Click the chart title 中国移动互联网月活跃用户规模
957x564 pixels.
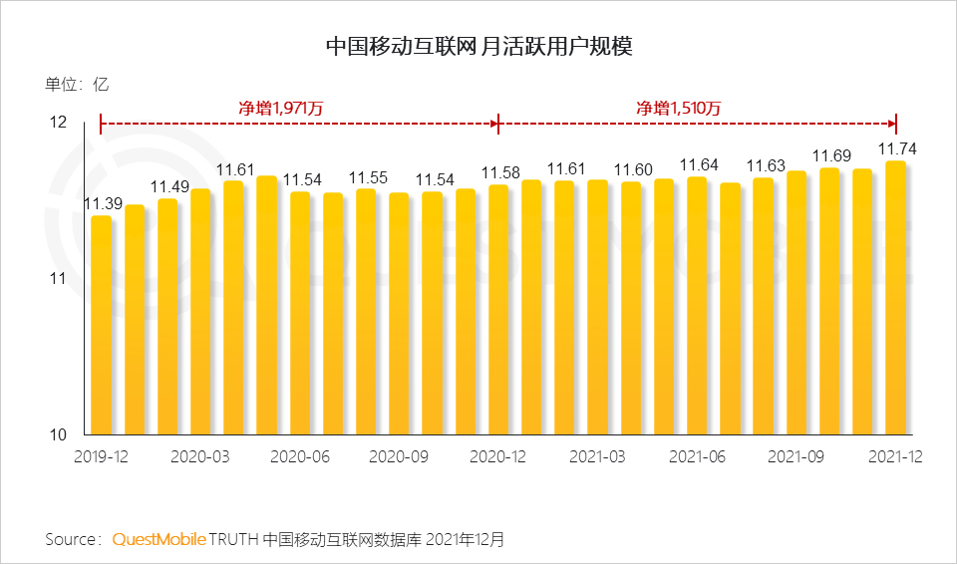pos(479,46)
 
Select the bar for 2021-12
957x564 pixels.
pos(895,298)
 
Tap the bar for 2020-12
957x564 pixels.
pos(498,310)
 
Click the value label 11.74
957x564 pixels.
pos(896,149)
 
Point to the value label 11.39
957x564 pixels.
pos(102,204)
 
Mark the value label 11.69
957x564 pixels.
pos(829,156)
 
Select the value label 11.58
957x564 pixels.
pos(499,173)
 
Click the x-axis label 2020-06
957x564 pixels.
pos(300,456)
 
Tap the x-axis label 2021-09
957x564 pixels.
pos(797,456)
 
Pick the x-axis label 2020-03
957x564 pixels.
pos(200,456)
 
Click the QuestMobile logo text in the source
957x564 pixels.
pos(159,539)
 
